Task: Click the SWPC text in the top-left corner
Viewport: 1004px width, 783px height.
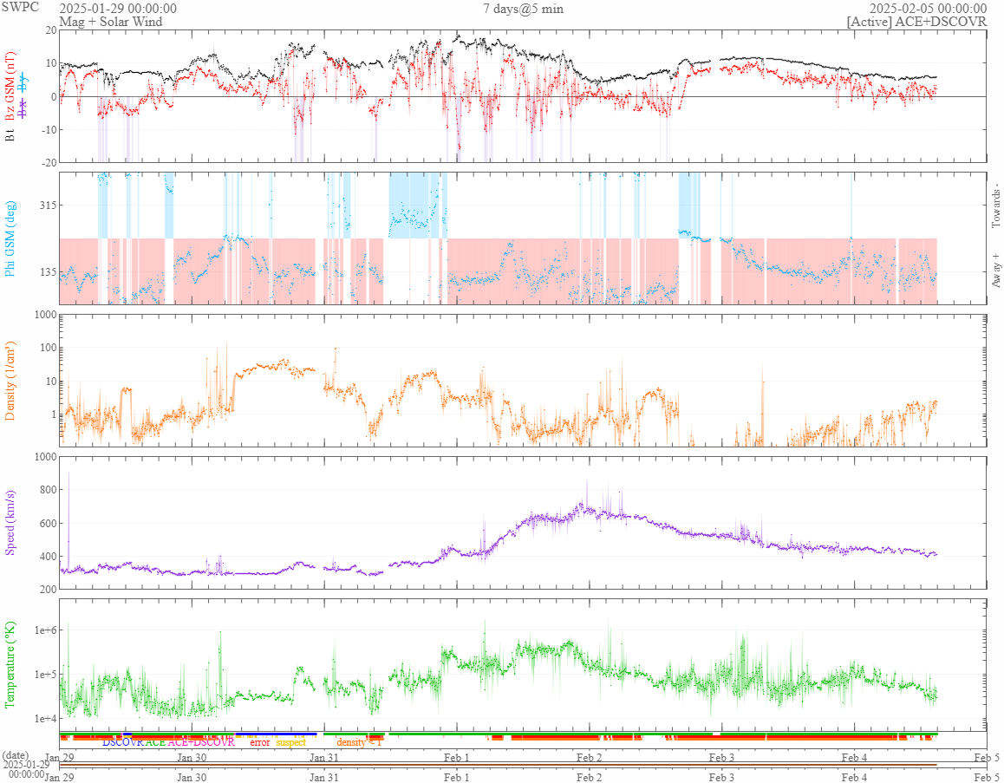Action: [16, 8]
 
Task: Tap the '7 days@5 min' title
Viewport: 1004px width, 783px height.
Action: [523, 9]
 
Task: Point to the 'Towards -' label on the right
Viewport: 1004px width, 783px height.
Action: [995, 206]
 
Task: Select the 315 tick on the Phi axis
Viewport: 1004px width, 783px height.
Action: [43, 205]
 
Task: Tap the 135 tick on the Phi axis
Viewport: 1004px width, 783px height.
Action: [43, 271]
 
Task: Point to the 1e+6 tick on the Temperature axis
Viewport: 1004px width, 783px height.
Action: [42, 630]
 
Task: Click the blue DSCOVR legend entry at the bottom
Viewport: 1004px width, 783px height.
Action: [123, 742]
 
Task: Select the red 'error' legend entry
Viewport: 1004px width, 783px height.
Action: [260, 742]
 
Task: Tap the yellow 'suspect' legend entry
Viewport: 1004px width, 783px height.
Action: [291, 742]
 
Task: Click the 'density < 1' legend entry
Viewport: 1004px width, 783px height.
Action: [359, 742]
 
